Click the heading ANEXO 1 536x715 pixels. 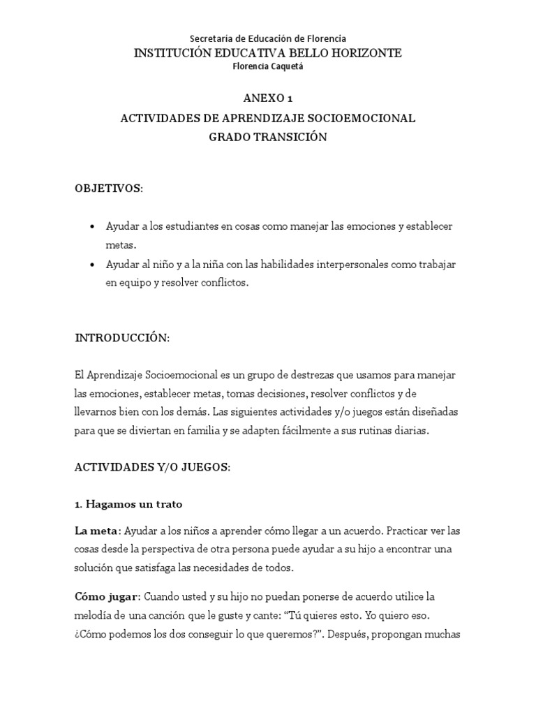pos(268,99)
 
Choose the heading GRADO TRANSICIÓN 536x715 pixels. pos(268,137)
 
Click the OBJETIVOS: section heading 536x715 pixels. pos(108,189)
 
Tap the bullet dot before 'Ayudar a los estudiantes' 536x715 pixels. pos(93,228)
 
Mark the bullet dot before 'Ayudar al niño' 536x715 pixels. pos(93,265)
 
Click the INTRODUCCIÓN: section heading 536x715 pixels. pos(122,338)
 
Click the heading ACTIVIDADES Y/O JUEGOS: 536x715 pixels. pos(152,467)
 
